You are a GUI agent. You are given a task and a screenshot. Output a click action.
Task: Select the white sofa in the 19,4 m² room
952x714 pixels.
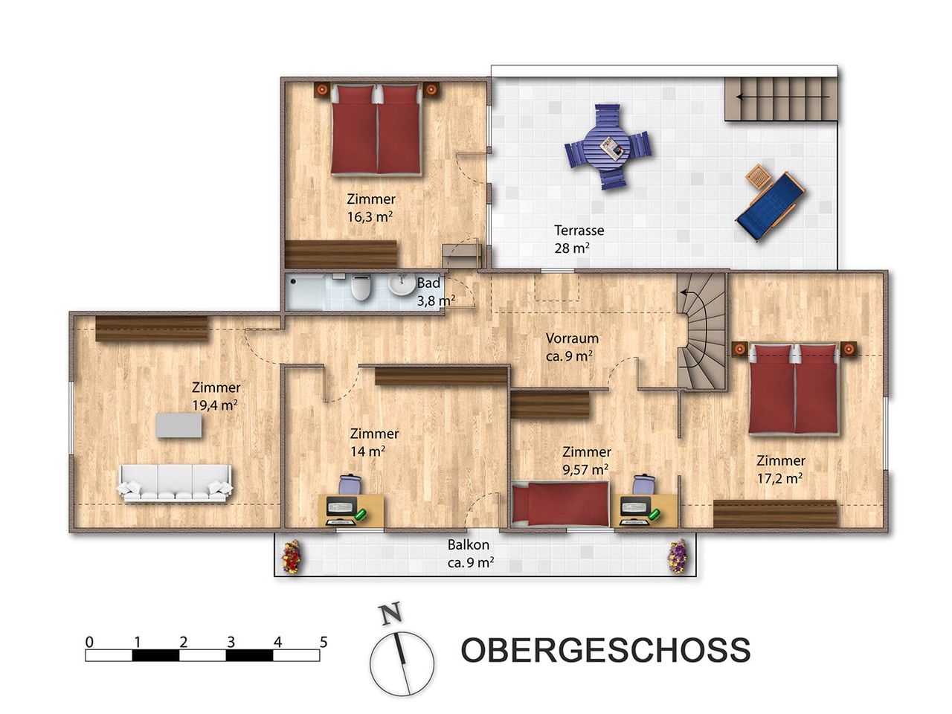174,483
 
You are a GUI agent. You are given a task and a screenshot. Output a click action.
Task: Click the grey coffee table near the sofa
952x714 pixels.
178,425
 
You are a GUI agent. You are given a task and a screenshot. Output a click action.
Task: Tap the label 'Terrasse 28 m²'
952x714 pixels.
579,239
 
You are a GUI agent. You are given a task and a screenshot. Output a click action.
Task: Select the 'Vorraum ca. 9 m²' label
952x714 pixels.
572,347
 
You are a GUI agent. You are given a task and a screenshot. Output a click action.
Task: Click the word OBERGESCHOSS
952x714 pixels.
605,649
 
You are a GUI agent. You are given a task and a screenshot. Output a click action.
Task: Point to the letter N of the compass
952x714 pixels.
390,615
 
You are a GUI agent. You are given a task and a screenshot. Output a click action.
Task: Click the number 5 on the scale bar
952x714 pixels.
323,642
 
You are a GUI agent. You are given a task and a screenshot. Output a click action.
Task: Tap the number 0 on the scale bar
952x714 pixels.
89,642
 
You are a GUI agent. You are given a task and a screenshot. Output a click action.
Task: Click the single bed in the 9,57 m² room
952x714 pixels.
560,504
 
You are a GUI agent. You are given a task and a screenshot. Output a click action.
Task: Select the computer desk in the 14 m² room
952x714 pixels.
351,510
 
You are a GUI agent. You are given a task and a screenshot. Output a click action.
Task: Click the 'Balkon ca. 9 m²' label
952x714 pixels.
470,553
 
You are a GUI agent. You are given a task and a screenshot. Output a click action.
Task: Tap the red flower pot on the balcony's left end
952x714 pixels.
292,557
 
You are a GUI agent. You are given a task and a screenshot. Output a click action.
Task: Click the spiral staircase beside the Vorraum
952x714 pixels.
702,332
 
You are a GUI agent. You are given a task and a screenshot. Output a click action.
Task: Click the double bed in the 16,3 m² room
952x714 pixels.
376,130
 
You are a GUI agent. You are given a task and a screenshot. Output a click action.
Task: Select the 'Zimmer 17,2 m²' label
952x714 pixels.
780,469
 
